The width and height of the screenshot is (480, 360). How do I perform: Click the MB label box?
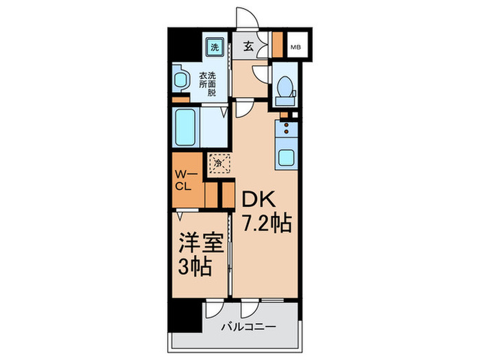point(296,47)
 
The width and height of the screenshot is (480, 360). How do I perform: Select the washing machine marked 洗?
point(215,47)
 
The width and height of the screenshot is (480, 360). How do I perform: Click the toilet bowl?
point(284,87)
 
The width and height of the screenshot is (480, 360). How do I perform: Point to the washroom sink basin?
point(180,79)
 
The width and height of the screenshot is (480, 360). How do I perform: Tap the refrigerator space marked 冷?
point(219,164)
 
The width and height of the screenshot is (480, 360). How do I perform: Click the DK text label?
point(256,200)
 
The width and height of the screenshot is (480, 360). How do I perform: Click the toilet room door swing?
point(259,74)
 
